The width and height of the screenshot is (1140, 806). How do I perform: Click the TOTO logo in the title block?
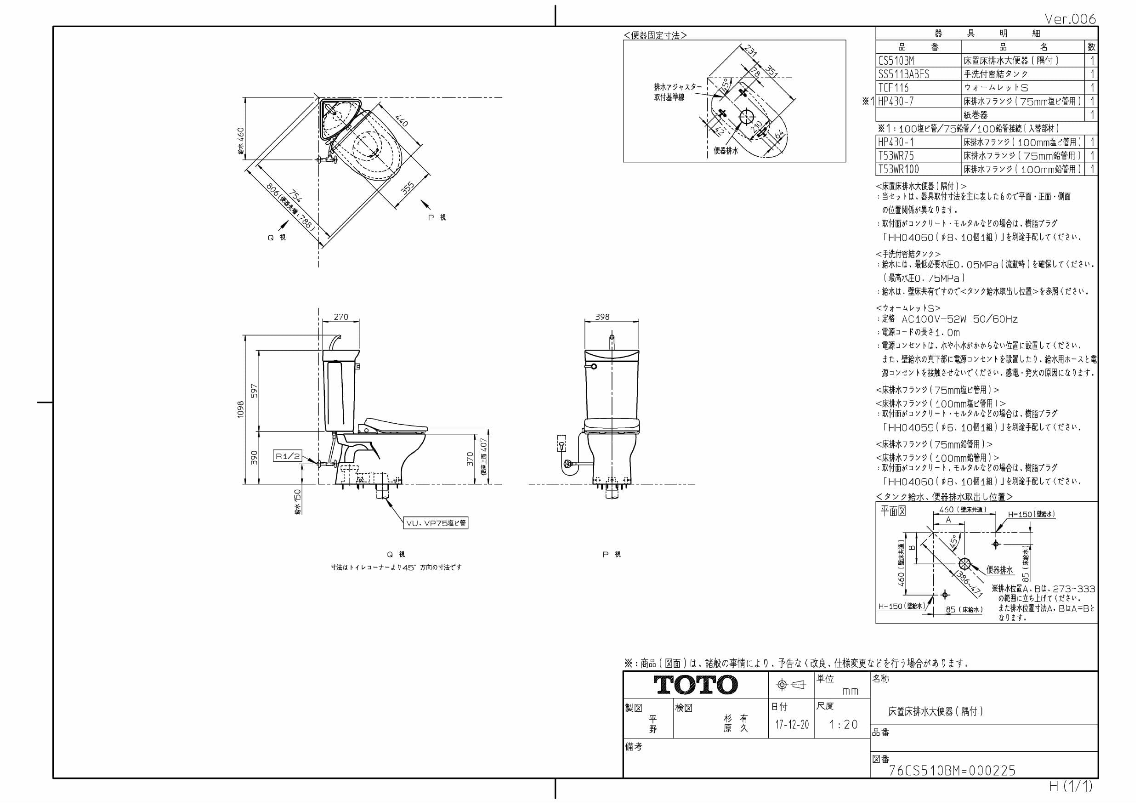click(x=695, y=685)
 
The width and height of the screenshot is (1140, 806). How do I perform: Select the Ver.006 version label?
click(x=1070, y=19)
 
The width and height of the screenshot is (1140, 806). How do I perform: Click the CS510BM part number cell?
click(x=896, y=61)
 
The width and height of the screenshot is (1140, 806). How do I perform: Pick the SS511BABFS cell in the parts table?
click(x=903, y=74)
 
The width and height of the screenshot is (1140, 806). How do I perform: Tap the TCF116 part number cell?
click(x=893, y=88)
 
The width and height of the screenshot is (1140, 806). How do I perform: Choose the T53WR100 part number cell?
click(x=898, y=170)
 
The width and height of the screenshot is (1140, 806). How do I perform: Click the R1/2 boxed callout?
click(x=288, y=456)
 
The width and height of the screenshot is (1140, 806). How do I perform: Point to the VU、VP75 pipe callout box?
click(x=436, y=523)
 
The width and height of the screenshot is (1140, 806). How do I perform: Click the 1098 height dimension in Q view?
click(x=241, y=409)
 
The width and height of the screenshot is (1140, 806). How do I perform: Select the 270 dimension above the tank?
click(x=340, y=317)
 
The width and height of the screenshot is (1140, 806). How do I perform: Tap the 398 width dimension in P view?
click(x=602, y=317)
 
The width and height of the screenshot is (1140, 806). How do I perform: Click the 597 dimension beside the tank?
click(x=254, y=391)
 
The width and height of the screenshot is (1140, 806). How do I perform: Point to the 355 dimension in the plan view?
click(x=407, y=189)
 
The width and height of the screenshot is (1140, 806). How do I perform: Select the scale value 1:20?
click(x=844, y=725)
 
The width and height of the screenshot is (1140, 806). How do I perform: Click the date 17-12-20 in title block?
click(x=792, y=725)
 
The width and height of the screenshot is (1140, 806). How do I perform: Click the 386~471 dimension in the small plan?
click(x=969, y=585)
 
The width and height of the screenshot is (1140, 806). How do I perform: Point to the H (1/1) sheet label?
click(x=1071, y=786)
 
